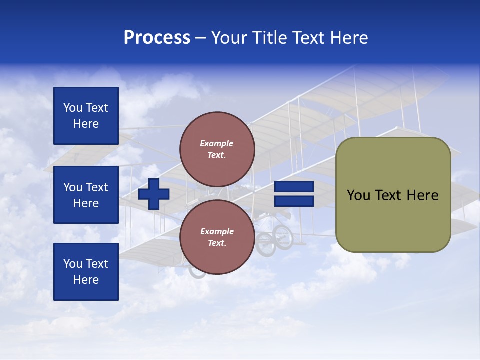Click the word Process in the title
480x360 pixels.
[157, 38]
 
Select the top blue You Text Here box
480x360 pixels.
[86, 116]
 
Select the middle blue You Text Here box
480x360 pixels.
[86, 195]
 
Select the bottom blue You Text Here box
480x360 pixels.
[86, 272]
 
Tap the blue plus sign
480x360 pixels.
[154, 194]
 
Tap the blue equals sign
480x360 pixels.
[294, 194]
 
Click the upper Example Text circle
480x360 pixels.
[217, 149]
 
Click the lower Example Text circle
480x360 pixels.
[217, 237]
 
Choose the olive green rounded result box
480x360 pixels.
[393, 195]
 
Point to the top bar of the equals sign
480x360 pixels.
[294, 187]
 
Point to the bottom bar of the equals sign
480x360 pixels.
[294, 201]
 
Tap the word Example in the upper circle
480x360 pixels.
[217, 144]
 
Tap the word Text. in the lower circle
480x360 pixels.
[217, 243]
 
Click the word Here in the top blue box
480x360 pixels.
[86, 124]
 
